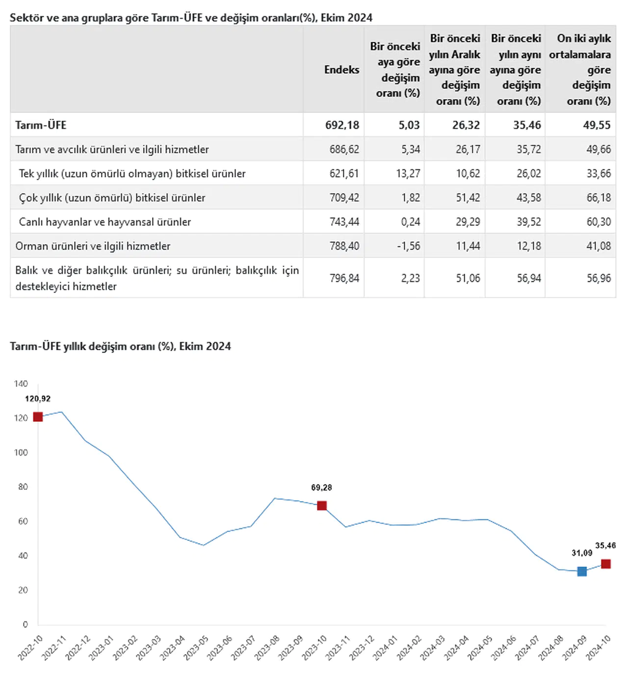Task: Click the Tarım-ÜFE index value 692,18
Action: tap(342, 125)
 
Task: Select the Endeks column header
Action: tap(341, 70)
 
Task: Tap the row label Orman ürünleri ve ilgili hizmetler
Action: tap(93, 246)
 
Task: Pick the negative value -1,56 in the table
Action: tap(409, 246)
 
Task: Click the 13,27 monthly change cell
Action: tap(408, 173)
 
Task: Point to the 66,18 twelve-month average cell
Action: tap(599, 198)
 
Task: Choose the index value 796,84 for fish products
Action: tap(344, 278)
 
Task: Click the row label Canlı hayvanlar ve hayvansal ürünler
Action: tap(105, 222)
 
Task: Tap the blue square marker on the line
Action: tap(582, 571)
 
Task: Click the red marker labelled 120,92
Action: tap(38, 417)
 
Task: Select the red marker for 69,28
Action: tap(322, 506)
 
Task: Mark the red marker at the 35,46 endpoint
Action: tap(606, 564)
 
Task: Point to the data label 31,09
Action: tap(582, 553)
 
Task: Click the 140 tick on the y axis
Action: tap(21, 384)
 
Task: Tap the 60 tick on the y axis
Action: tap(23, 521)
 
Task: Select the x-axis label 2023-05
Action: tap(196, 648)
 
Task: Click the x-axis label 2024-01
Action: tap(385, 648)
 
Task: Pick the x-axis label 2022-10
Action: tap(30, 648)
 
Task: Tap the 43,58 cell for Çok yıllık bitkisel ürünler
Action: tap(528, 198)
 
